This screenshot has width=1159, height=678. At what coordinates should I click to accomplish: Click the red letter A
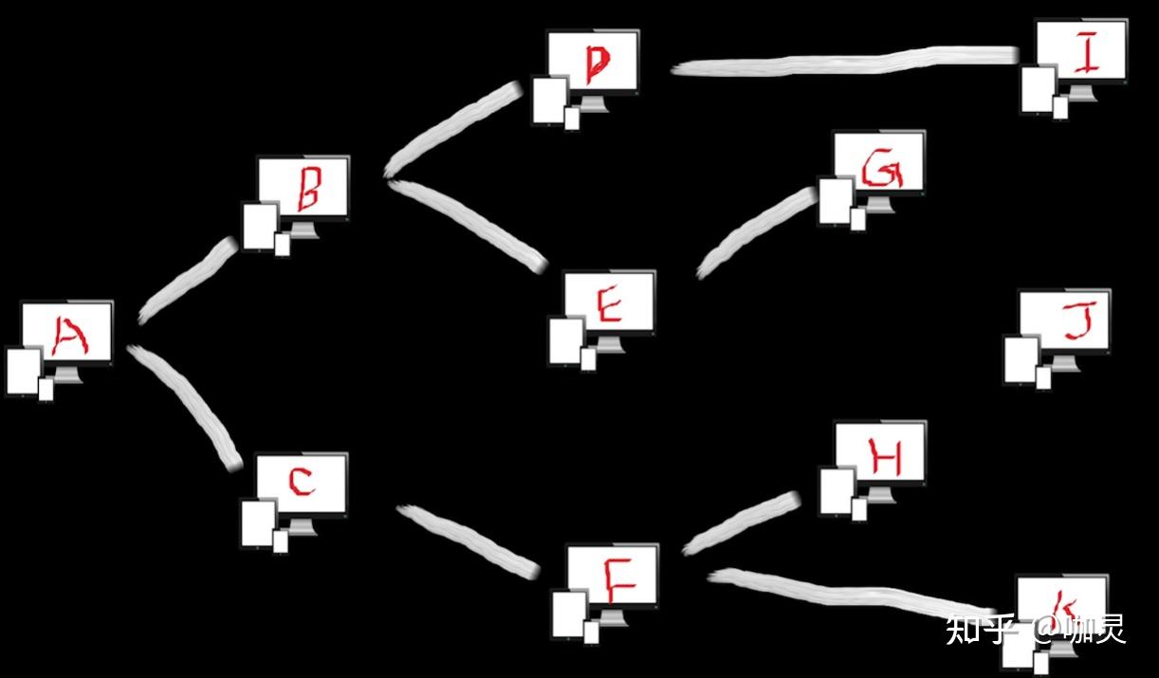pyautogui.click(x=68, y=336)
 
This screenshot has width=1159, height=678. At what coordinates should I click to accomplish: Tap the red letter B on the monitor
pyautogui.click(x=307, y=189)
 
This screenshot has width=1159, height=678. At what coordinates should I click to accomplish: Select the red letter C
pyautogui.click(x=301, y=483)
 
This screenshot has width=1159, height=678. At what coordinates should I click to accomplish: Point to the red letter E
pyautogui.click(x=608, y=305)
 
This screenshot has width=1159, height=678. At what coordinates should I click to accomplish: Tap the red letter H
pyautogui.click(x=884, y=459)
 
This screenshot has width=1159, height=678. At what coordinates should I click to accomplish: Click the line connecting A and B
pyautogui.click(x=188, y=281)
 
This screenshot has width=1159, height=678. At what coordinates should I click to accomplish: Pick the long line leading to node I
pyautogui.click(x=844, y=63)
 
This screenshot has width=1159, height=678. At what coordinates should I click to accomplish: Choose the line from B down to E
pyautogui.click(x=469, y=223)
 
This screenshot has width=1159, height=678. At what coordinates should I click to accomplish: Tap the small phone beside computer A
pyautogui.click(x=46, y=389)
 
